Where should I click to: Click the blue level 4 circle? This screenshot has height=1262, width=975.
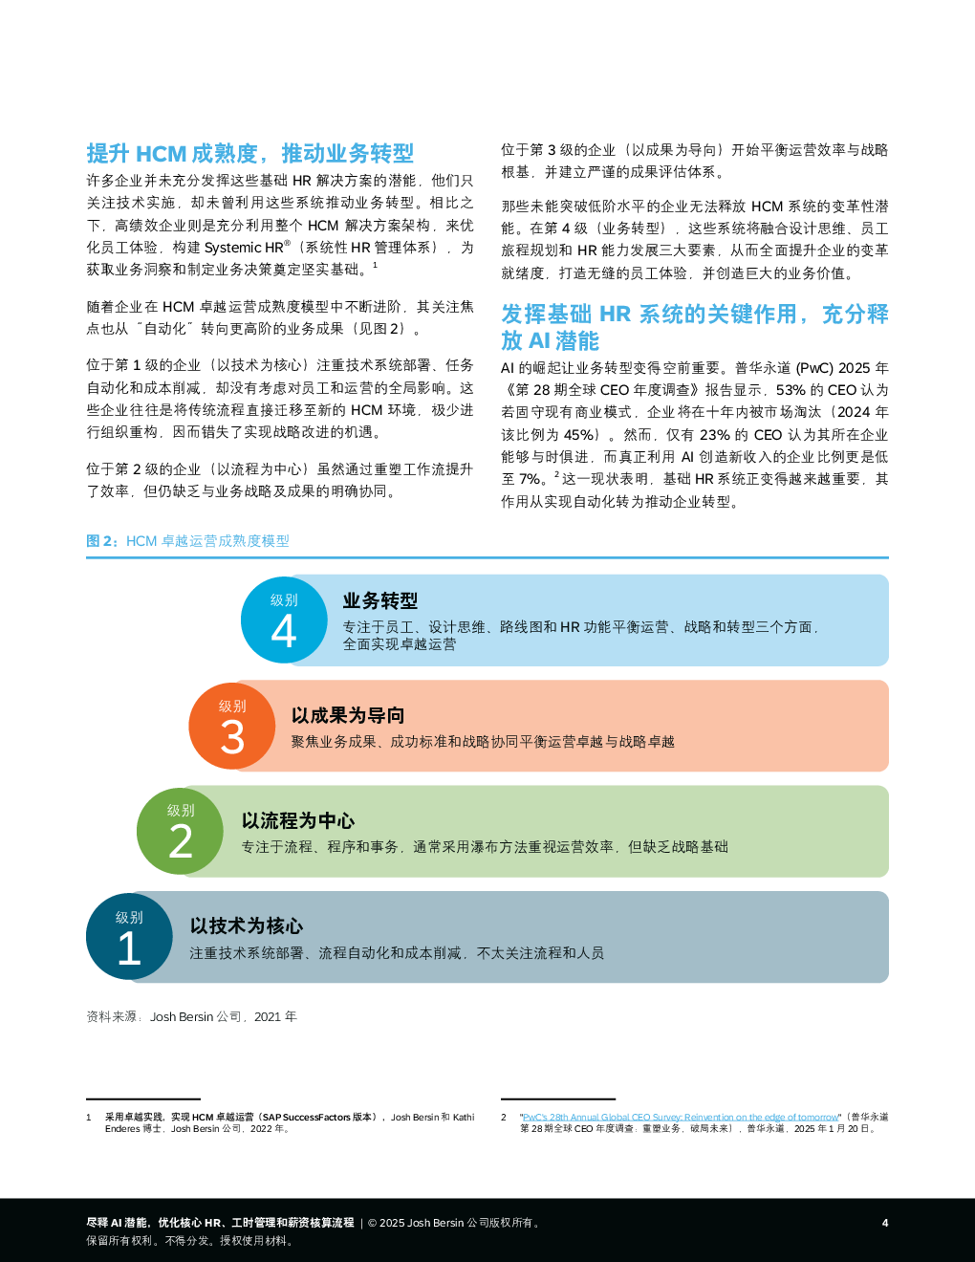[x=284, y=620]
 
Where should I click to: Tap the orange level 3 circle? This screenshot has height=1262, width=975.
[x=232, y=726]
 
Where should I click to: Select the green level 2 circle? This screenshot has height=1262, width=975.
[x=180, y=831]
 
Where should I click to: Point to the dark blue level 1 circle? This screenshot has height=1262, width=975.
[x=129, y=936]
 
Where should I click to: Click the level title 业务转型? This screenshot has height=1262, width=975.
[x=379, y=600]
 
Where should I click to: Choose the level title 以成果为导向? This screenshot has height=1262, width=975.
[x=348, y=715]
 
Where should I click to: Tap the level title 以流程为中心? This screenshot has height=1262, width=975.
[x=298, y=820]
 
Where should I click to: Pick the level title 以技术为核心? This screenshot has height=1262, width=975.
[x=247, y=925]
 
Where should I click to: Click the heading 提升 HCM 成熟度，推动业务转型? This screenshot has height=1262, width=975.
[x=250, y=153]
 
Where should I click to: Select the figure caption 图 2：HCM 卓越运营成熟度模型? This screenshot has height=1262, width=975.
[x=187, y=541]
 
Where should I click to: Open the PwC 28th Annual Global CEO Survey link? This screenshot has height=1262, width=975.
[x=681, y=1117]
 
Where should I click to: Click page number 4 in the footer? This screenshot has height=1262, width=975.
[x=885, y=1223]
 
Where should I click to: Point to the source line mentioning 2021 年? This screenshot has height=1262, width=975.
[x=191, y=1016]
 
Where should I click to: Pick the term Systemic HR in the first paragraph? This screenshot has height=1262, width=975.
[x=244, y=248]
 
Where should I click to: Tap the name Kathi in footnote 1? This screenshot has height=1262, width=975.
[x=464, y=1117]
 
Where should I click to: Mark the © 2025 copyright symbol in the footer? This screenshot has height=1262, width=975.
[x=372, y=1223]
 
